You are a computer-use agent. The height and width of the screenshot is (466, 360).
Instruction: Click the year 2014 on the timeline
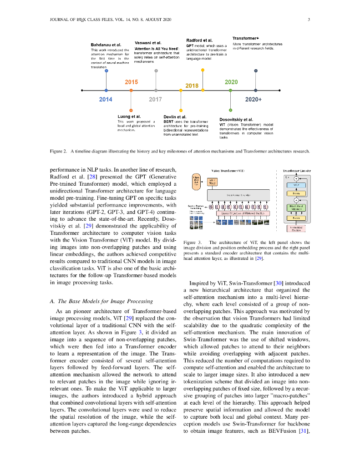(x=106, y=99)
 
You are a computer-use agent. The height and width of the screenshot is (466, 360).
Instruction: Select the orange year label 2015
(x=131, y=82)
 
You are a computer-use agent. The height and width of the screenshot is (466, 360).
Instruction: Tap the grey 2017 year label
(x=155, y=99)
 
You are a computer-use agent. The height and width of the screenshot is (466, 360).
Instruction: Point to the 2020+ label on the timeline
(x=254, y=99)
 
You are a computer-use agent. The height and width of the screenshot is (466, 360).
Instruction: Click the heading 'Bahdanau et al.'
(x=106, y=45)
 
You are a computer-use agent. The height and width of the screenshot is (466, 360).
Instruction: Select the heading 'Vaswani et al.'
(x=148, y=43)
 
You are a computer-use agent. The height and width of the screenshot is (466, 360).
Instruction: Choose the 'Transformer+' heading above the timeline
(x=246, y=38)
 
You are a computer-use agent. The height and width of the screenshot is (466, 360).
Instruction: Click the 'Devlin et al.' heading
(x=175, y=117)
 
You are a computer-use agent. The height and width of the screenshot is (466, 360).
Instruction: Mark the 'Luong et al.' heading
(x=129, y=116)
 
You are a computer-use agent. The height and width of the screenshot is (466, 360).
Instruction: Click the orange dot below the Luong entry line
(x=131, y=111)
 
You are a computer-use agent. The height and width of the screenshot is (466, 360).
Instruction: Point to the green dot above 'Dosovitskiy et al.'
(x=230, y=110)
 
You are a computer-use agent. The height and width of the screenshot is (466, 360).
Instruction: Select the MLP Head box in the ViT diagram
(x=211, y=182)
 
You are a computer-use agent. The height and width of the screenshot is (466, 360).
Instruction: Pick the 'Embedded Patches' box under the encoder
(x=296, y=228)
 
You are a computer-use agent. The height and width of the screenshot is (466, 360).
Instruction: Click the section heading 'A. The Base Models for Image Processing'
(x=101, y=301)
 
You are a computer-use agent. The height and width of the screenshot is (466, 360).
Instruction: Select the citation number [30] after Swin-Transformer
(x=278, y=283)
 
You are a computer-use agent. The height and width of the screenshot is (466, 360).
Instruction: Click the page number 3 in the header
(x=309, y=19)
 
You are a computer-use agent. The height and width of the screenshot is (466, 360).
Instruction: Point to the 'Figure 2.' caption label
(x=58, y=151)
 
